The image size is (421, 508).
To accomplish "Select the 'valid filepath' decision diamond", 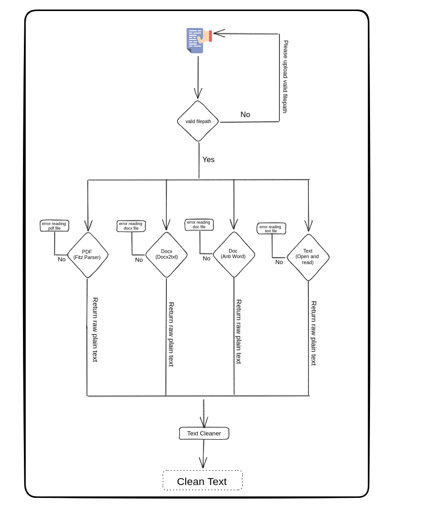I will tap(198, 121).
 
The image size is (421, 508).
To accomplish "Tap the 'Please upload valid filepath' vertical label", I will tap(285, 77).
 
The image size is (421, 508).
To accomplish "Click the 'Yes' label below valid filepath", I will tap(208, 160).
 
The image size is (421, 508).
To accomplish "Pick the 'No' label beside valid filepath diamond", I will tap(245, 115).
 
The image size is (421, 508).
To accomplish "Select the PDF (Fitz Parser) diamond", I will tap(87, 255).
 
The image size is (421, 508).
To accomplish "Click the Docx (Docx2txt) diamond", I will tap(166, 254).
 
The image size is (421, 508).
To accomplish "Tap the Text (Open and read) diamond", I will tap(308, 257).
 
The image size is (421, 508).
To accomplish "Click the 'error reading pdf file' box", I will tap(54, 226).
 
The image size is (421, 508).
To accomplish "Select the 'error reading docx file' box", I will tap(131, 226).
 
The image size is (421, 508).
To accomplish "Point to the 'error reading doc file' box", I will tap(199, 225).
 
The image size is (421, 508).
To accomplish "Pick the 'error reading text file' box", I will tap(271, 228).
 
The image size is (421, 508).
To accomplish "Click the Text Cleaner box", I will tap(204, 433).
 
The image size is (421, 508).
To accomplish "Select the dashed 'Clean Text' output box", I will tap(202, 480).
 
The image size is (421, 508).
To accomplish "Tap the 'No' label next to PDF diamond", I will tap(62, 260).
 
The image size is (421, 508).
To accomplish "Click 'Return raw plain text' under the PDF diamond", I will tap(95, 330).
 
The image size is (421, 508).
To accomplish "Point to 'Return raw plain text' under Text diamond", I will tap(314, 333).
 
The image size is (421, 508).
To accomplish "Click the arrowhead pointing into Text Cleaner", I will tap(204, 423).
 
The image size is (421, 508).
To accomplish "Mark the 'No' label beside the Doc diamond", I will tap(206, 259).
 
